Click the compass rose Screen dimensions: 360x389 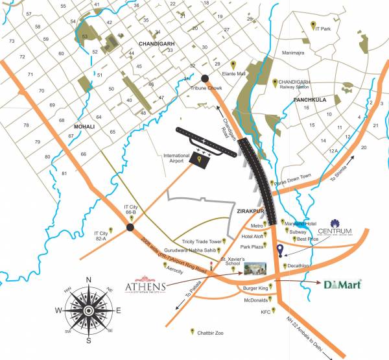88,307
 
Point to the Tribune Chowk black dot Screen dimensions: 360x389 205,79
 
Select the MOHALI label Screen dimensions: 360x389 84,126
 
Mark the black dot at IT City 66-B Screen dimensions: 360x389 130,227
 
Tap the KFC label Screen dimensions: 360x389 265,312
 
